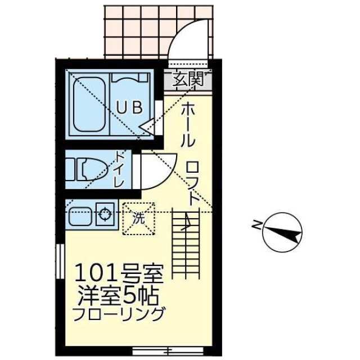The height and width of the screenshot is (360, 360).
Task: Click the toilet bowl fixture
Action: (x=90, y=168)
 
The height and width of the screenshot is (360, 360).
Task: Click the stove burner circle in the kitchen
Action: (x=105, y=214)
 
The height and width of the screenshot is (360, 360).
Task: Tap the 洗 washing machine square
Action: (x=139, y=217)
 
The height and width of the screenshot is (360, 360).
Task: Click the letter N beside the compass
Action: (x=256, y=225)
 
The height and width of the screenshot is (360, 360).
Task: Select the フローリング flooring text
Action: (x=119, y=313)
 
